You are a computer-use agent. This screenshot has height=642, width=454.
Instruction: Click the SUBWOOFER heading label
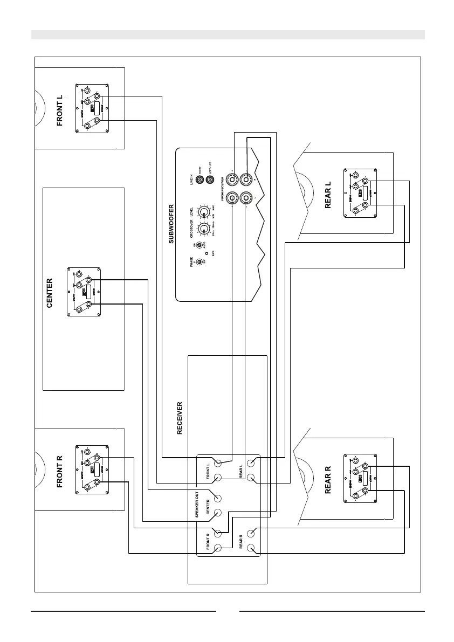[171, 224]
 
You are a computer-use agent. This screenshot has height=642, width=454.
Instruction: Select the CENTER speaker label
[50, 293]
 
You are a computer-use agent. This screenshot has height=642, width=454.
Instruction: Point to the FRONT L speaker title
[60, 110]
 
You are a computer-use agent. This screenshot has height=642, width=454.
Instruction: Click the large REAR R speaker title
[328, 477]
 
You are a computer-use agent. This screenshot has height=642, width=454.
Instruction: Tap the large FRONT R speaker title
[60, 471]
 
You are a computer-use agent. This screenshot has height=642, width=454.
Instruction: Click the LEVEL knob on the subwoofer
[203, 211]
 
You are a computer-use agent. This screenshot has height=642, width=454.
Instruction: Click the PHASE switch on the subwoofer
[199, 262]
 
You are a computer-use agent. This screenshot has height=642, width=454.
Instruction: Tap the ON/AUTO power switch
[199, 246]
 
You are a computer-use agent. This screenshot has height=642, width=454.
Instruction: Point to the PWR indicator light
[208, 252]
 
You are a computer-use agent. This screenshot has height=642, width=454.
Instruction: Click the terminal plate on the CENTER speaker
[84, 293]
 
